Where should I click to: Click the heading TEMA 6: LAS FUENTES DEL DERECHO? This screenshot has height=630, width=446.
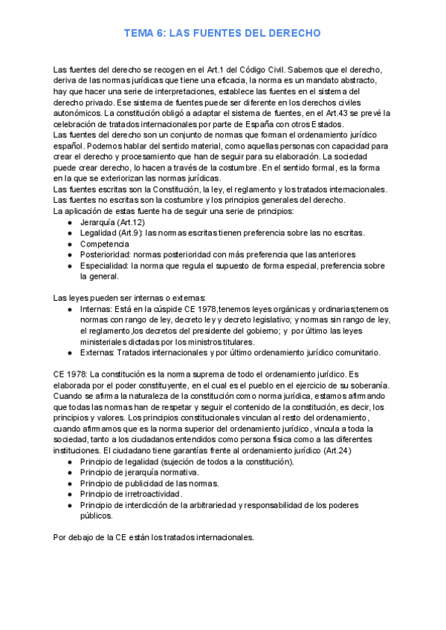click(222, 34)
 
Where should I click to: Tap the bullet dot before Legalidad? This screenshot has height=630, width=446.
click(69, 233)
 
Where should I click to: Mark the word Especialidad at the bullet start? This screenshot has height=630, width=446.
click(105, 265)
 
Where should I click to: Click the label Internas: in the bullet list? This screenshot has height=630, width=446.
click(98, 309)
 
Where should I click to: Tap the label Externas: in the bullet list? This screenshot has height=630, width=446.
click(100, 353)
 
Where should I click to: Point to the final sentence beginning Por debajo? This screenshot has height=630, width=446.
click(154, 537)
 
